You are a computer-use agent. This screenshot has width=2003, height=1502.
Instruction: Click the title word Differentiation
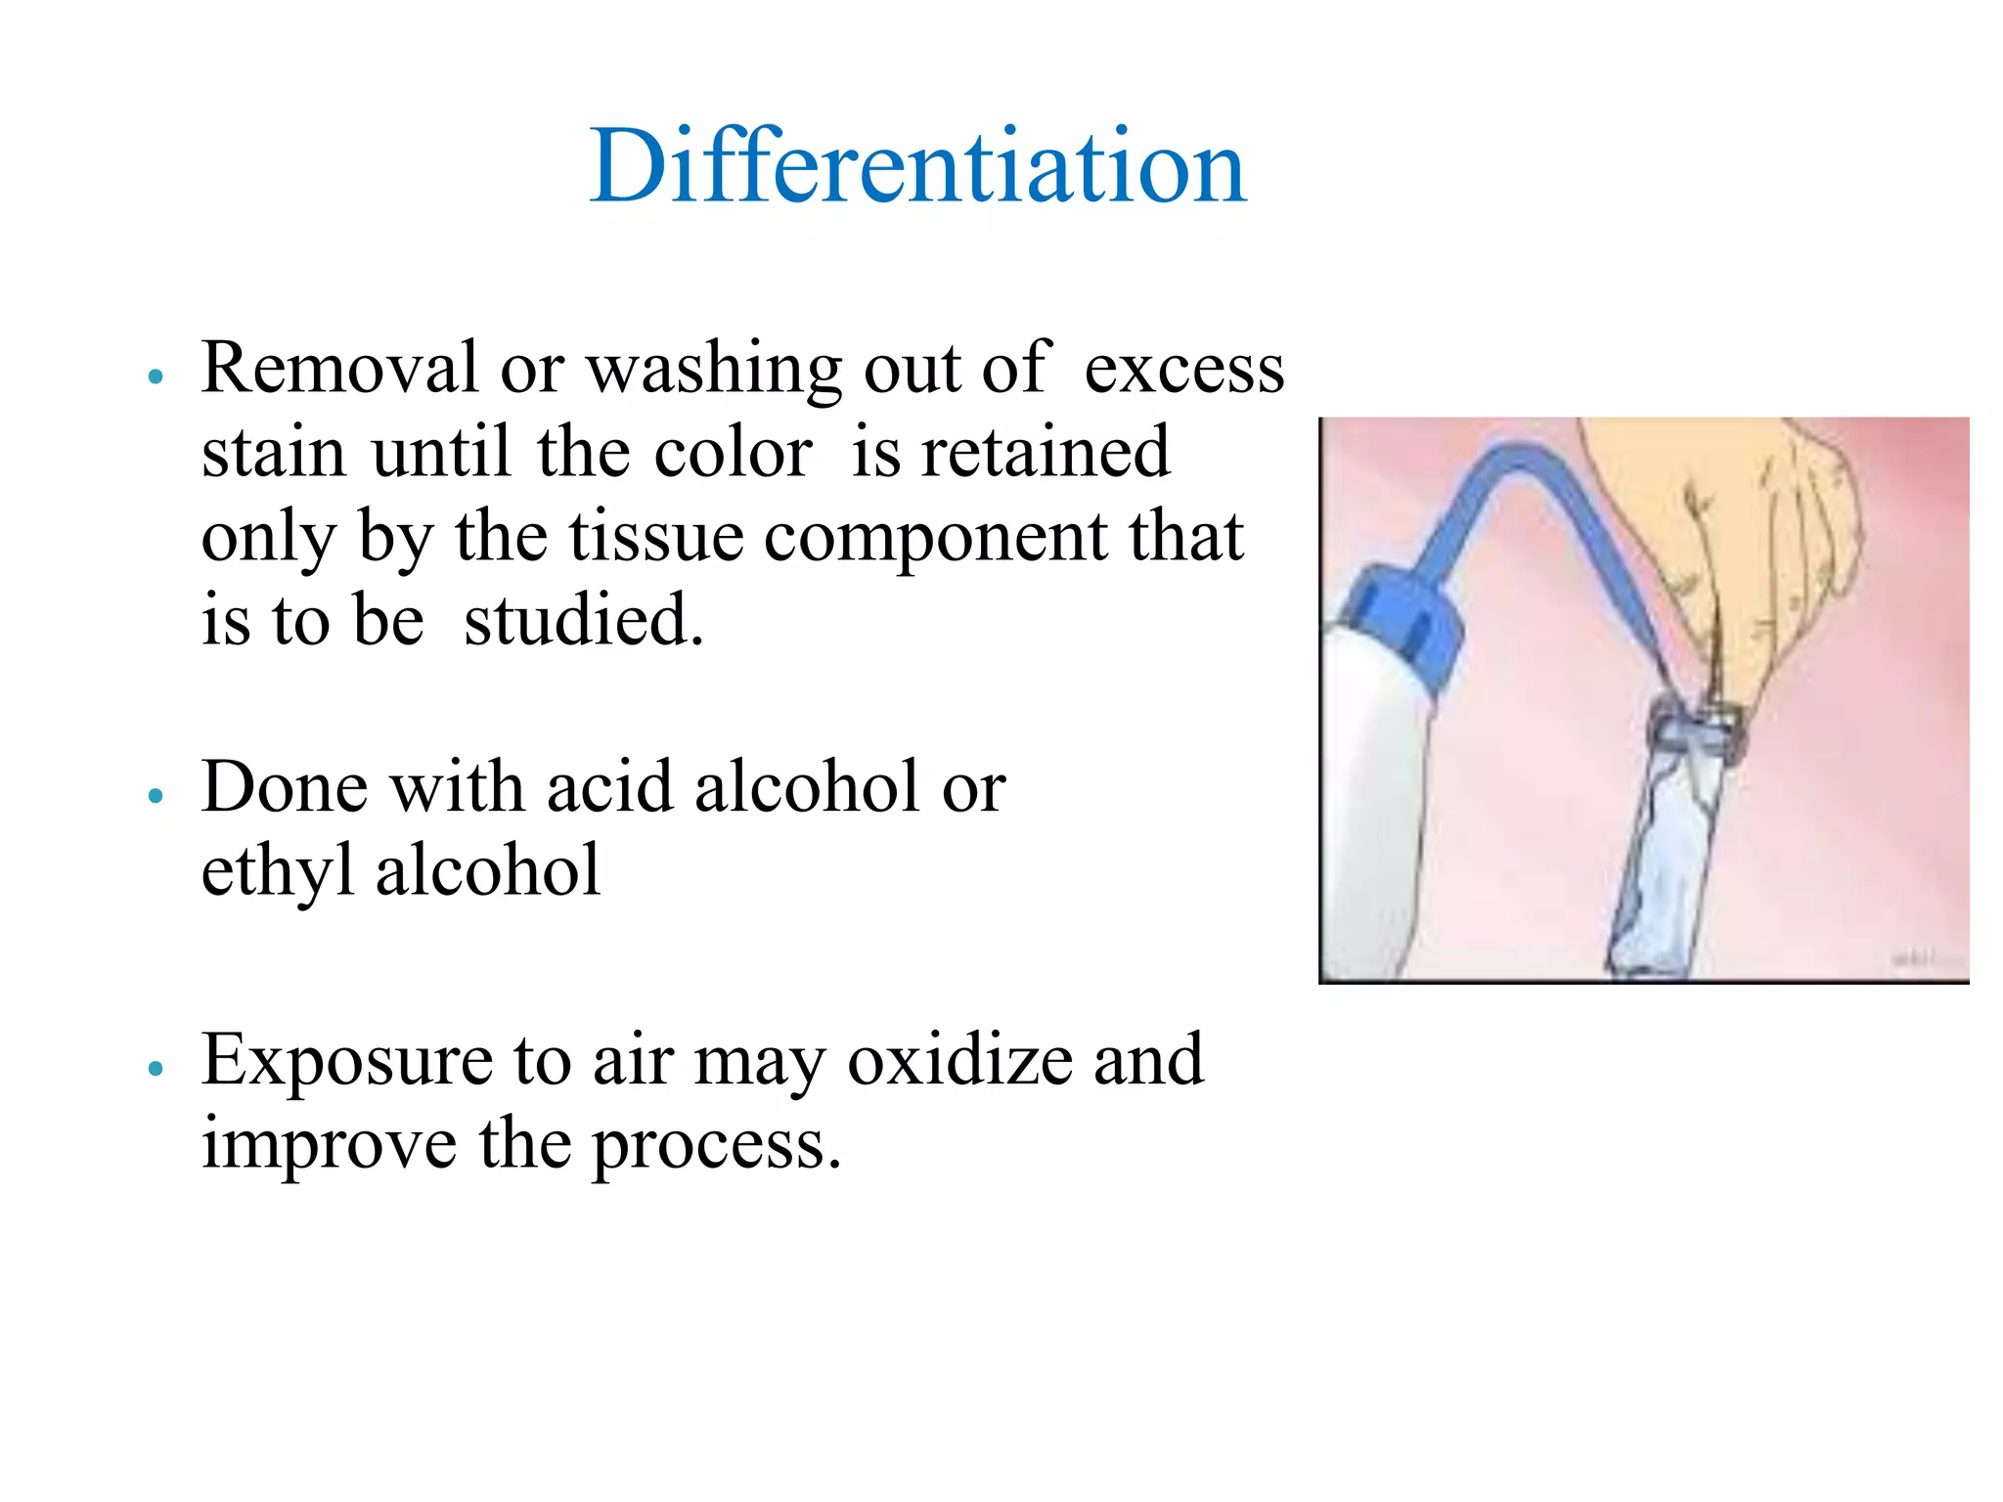point(917,166)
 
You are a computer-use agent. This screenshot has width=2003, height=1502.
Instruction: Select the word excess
point(1183,369)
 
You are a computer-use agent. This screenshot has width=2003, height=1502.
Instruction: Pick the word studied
point(583,621)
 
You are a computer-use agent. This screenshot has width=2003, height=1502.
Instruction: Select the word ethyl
point(277,872)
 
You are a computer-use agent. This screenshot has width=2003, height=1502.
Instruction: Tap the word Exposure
point(346,1061)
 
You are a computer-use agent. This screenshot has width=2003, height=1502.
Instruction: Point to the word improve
point(329,1145)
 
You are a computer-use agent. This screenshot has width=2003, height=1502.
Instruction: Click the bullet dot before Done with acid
point(155,796)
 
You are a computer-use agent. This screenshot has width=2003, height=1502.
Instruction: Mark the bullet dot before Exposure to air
point(155,1069)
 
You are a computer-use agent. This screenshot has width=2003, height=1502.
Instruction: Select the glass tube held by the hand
point(1668,841)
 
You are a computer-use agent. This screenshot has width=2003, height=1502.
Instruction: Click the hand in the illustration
point(1760,548)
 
